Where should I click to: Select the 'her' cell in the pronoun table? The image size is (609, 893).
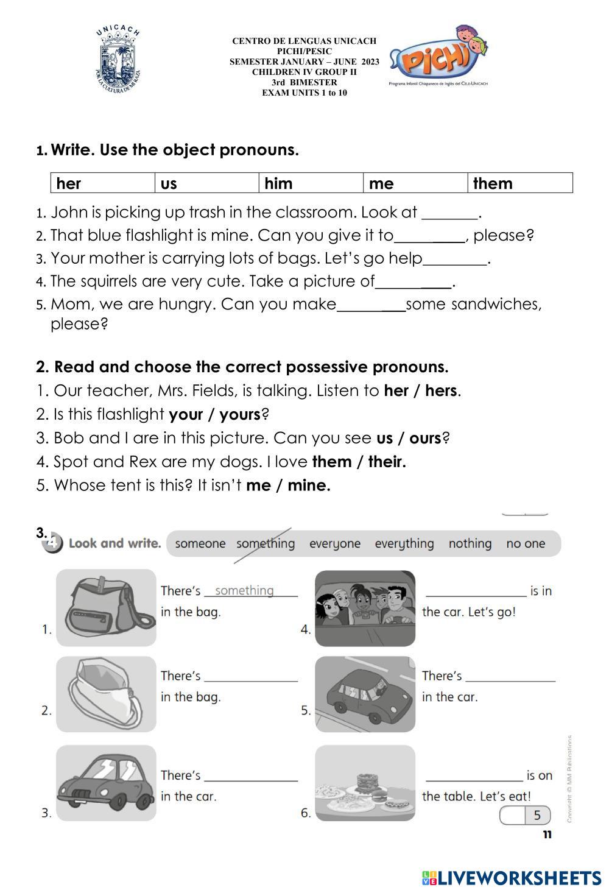[103, 183]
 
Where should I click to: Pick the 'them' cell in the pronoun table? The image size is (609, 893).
[520, 183]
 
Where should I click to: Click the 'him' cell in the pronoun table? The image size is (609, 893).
[311, 183]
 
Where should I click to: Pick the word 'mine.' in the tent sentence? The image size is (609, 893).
[309, 485]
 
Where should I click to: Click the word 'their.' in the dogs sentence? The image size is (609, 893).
[387, 462]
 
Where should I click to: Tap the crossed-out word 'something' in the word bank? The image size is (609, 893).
[265, 543]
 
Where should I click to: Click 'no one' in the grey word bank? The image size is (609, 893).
[526, 543]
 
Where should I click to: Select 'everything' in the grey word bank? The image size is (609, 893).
[404, 543]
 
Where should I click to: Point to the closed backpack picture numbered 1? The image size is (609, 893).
[107, 607]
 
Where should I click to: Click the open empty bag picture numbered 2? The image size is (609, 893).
[106, 694]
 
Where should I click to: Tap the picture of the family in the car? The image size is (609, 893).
[365, 608]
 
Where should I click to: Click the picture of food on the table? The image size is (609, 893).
[365, 783]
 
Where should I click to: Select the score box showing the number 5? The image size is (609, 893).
[525, 815]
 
